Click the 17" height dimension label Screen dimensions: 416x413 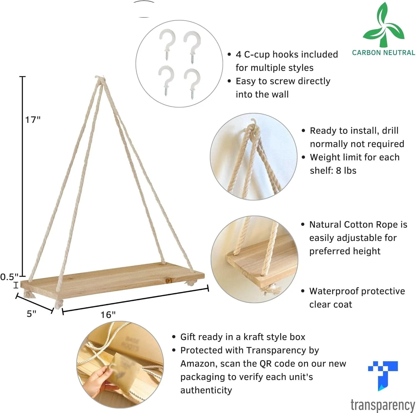click(x=33, y=120)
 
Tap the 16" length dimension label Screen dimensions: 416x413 click(x=108, y=315)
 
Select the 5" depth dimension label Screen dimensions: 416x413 click(x=31, y=313)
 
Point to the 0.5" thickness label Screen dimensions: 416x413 click(x=9, y=277)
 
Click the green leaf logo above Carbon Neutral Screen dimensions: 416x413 click(x=384, y=25)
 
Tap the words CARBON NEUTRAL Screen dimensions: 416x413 click(x=384, y=52)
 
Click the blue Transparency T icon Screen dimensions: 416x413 click(x=383, y=375)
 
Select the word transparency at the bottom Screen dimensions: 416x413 click(x=383, y=405)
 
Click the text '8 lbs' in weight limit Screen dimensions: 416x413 click(x=346, y=170)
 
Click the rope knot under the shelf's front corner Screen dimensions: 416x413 click(x=59, y=304)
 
